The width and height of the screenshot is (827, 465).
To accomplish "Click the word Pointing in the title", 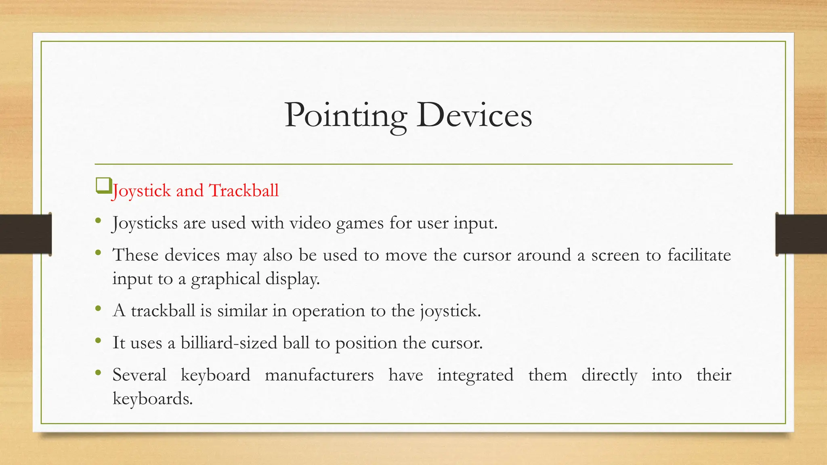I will pyautogui.click(x=345, y=116).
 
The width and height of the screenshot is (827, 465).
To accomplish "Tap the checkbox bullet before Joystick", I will pyautogui.click(x=103, y=186).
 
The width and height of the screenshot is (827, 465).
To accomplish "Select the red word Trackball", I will pyautogui.click(x=243, y=191).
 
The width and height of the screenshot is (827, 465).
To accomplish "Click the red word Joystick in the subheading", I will pyautogui.click(x=142, y=191).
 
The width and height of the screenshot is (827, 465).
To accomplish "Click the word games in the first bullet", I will pyautogui.click(x=360, y=223).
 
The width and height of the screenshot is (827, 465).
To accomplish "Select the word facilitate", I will pyautogui.click(x=699, y=255).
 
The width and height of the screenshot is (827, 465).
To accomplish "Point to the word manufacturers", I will pyautogui.click(x=319, y=375).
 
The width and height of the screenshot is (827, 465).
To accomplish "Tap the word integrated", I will pyautogui.click(x=475, y=375).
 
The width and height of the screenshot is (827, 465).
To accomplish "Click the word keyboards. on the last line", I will pyautogui.click(x=153, y=399).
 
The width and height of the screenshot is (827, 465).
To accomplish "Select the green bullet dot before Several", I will pyautogui.click(x=98, y=373).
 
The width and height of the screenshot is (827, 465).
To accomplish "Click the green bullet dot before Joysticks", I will pyautogui.click(x=98, y=221).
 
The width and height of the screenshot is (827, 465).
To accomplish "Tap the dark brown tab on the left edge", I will pyautogui.click(x=25, y=234).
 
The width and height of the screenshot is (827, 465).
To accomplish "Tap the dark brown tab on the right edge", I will pyautogui.click(x=801, y=234).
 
